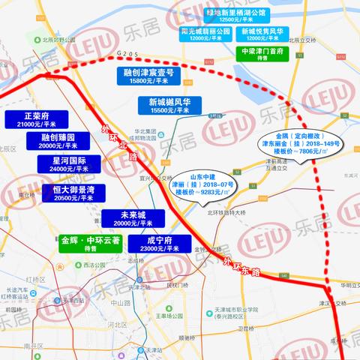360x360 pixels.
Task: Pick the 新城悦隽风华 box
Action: [x=262, y=34]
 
